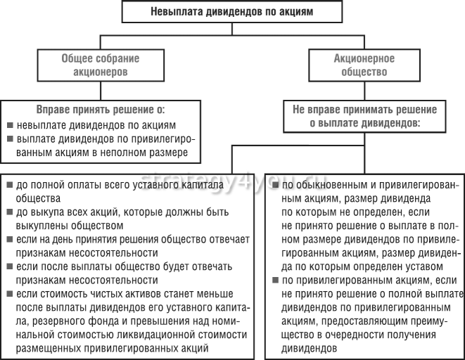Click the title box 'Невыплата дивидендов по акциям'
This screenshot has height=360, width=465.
231,12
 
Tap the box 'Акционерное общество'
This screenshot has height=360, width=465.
363,65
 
